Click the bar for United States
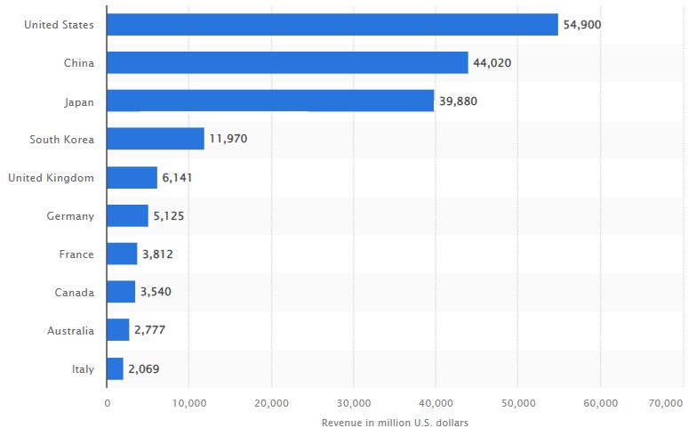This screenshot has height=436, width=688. [332, 25]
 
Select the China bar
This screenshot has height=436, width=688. [287, 62]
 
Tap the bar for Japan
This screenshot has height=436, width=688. [270, 101]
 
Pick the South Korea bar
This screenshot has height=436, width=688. [155, 139]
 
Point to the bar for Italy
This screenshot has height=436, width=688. [115, 368]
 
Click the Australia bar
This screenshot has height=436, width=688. [117, 330]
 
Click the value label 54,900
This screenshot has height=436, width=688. [582, 25]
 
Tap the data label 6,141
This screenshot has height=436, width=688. [177, 178]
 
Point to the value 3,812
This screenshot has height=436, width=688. [157, 254]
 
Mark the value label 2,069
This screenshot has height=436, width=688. [144, 368]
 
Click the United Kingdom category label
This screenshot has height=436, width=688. [51, 178]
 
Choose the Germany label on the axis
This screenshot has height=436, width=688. [70, 216]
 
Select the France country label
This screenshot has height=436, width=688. [76, 254]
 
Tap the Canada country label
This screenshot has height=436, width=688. [75, 292]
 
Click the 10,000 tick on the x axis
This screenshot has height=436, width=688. [188, 403]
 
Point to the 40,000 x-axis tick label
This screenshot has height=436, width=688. [436, 403]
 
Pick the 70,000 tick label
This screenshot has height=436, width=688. [666, 403]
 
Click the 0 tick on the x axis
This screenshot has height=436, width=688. [107, 403]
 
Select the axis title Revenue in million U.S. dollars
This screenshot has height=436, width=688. [395, 422]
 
